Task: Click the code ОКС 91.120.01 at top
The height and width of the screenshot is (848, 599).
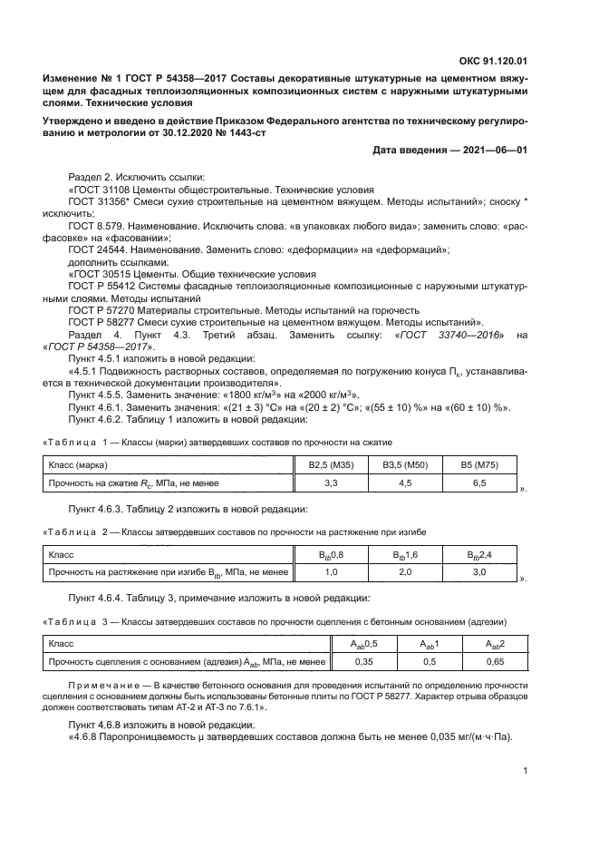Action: tap(494, 61)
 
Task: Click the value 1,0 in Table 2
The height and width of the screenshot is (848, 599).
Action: tap(331, 572)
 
